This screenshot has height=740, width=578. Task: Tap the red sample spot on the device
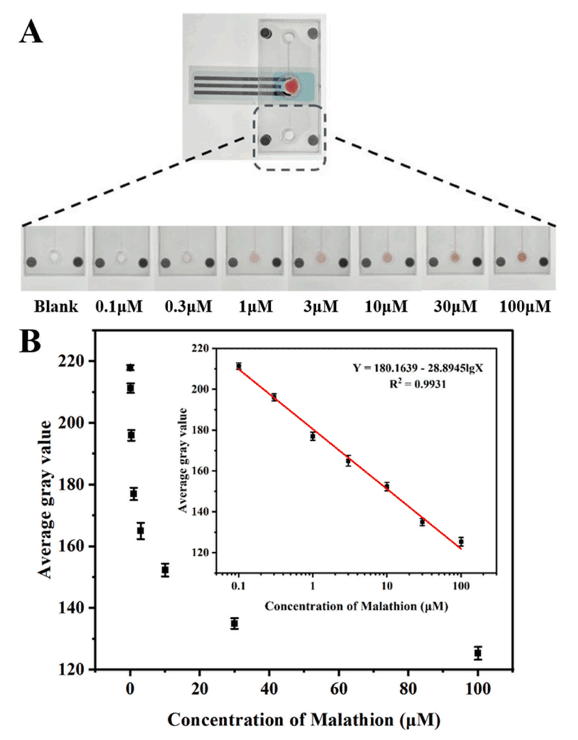[292, 86]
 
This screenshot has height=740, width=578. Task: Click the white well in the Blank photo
[54, 257]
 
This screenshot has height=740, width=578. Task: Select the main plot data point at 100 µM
[478, 653]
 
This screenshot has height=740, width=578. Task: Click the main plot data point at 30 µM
[234, 624]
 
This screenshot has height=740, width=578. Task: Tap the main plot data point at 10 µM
[165, 570]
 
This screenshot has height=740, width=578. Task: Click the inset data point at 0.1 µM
[239, 366]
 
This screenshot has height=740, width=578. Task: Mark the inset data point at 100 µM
[461, 541]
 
